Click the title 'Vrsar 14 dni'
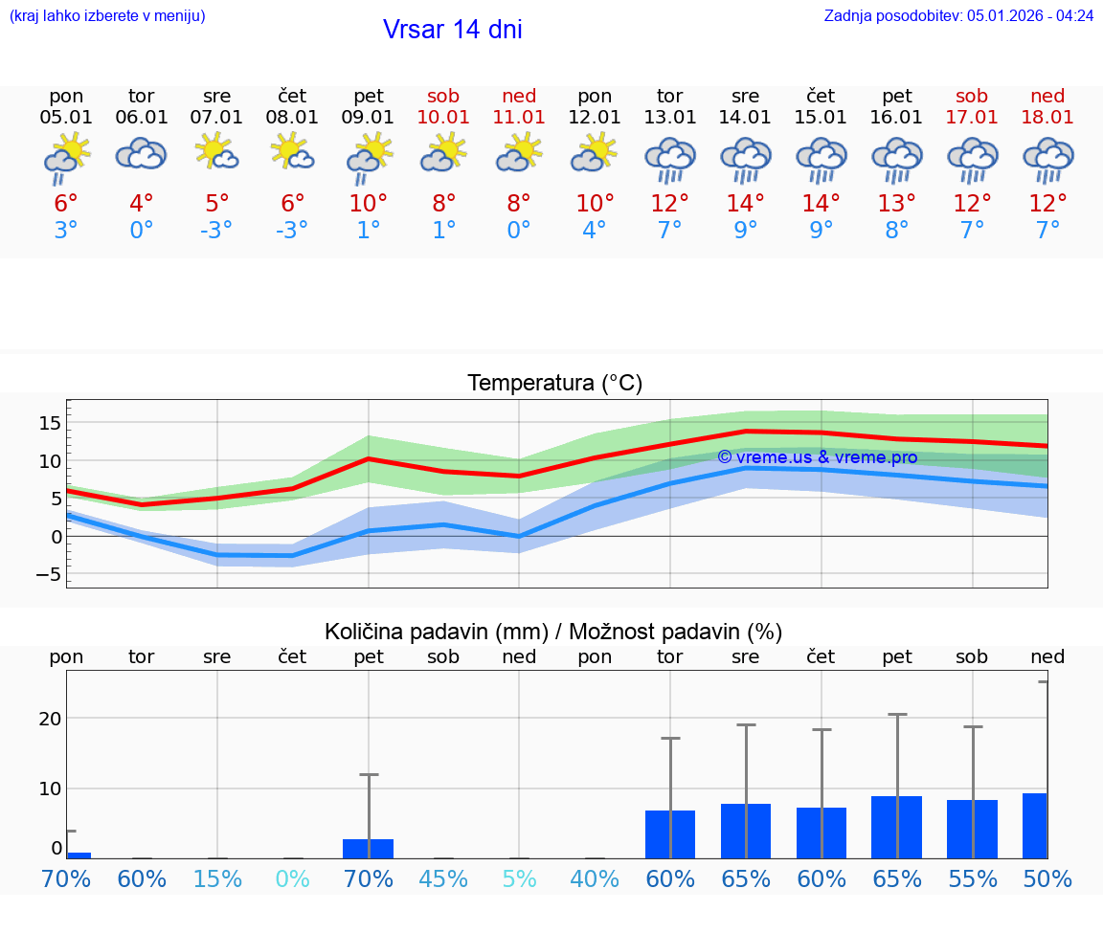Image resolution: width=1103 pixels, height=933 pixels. tap(452, 30)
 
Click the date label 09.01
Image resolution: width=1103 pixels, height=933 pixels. tap(369, 117)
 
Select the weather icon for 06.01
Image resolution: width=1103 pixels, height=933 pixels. tap(142, 154)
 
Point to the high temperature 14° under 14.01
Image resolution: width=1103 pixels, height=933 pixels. tap(745, 204)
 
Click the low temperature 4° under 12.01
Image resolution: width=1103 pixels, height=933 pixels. tap(595, 231)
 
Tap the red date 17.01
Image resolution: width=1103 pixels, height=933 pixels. tap(972, 117)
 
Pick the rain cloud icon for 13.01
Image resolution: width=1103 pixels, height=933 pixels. tap(669, 159)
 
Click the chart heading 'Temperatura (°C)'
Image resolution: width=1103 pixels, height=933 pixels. tap(554, 384)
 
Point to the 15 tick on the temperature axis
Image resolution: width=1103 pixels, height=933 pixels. tap(51, 422)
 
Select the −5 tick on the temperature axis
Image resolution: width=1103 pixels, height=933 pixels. tap(47, 575)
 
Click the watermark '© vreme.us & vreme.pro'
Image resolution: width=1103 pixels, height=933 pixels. tap(817, 457)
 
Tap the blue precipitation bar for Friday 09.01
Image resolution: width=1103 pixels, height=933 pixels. tap(369, 849)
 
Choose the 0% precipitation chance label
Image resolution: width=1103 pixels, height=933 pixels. tap(293, 878)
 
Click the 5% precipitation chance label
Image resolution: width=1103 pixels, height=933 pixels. tap(519, 878)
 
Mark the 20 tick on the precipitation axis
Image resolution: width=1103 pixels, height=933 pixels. tap(50, 719)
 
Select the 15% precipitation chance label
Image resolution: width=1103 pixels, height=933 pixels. tap(217, 878)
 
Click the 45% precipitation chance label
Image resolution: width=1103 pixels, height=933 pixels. tap(443, 878)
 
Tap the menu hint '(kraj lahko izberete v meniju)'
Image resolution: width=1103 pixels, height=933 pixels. tap(106, 15)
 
